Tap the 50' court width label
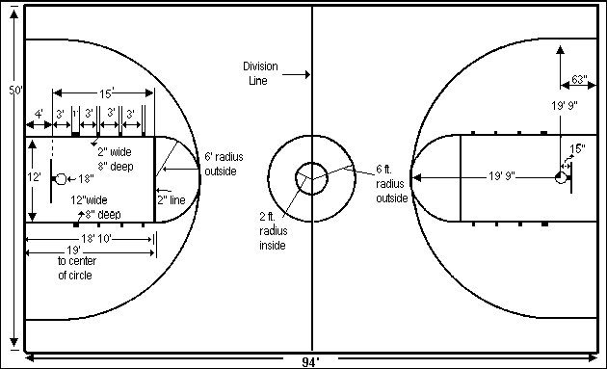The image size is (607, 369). click(x=14, y=90)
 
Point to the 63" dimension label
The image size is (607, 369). click(x=578, y=79)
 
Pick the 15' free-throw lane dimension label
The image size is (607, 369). click(x=105, y=92)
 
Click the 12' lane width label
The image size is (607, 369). click(x=34, y=177)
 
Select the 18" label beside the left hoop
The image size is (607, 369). click(x=85, y=179)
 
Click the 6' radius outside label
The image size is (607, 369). click(x=221, y=164)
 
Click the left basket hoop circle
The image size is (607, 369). click(x=60, y=179)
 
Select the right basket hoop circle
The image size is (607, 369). click(x=560, y=176)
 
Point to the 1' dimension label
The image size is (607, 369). click(x=75, y=114)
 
